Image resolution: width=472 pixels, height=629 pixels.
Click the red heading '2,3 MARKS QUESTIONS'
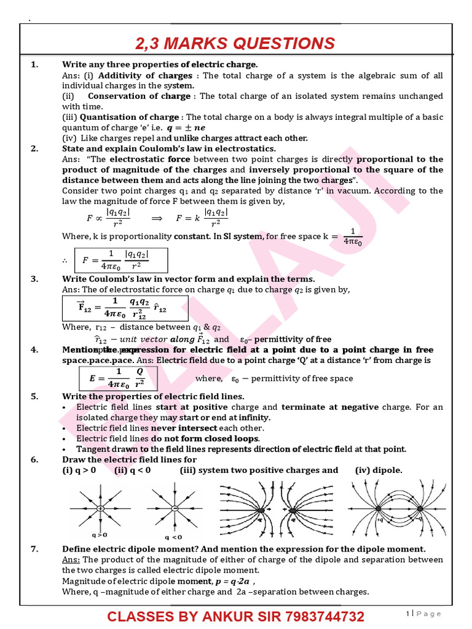click(235, 43)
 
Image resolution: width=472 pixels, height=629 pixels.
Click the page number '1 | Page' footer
click(423, 614)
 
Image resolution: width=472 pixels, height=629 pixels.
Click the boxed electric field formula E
click(119, 378)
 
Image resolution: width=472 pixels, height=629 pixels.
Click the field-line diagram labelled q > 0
click(100, 509)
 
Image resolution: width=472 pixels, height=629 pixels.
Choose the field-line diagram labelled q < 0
click(175, 509)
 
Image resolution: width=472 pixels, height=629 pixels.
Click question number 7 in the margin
click(34, 549)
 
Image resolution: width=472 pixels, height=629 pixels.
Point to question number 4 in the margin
click(34, 350)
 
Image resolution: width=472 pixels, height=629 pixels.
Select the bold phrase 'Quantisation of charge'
click(129, 117)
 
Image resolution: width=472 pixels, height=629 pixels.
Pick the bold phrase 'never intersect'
click(187, 428)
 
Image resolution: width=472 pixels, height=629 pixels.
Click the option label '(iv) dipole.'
click(379, 470)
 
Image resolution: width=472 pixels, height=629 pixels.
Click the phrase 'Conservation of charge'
click(139, 96)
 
